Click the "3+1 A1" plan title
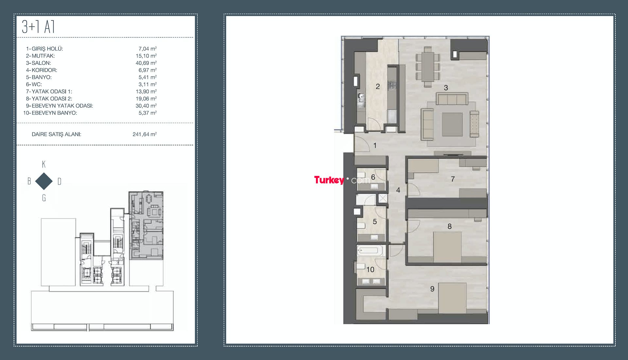click(38, 27)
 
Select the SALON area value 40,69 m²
click(146, 63)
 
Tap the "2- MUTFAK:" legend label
click(41, 56)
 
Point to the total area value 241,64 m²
click(145, 134)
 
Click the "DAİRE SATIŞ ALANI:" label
click(57, 134)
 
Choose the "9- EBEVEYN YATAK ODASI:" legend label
click(60, 106)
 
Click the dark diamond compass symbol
click(44, 181)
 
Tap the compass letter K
click(44, 164)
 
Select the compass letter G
click(44, 198)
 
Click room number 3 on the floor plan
click(446, 88)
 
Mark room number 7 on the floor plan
click(453, 179)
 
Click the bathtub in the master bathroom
click(370, 251)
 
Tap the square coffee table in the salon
click(452, 125)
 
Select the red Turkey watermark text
click(329, 180)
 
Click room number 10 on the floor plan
click(370, 269)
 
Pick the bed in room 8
click(447, 247)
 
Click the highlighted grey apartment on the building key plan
click(146, 226)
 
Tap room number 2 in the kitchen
click(378, 86)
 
